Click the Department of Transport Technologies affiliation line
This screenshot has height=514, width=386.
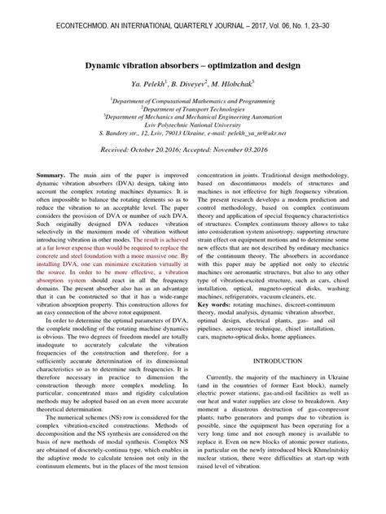(192, 107)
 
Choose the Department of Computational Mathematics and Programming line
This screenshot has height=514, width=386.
(193, 98)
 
